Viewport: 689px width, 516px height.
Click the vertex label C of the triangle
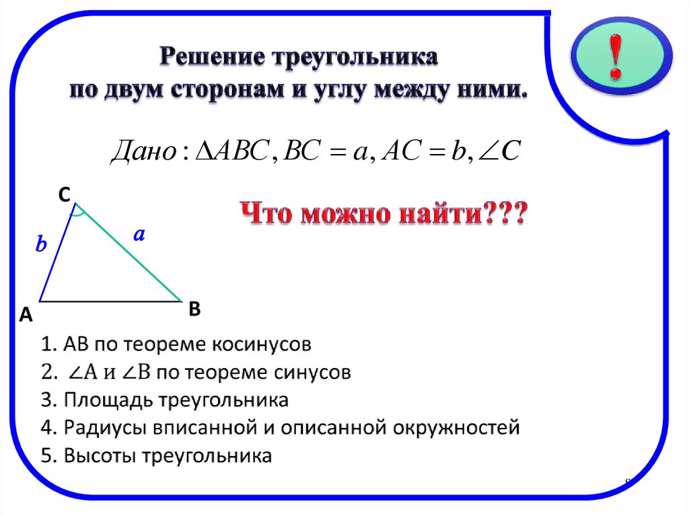pyautogui.click(x=64, y=195)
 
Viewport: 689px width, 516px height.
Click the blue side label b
pyautogui.click(x=42, y=245)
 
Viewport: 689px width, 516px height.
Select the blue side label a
pyautogui.click(x=139, y=235)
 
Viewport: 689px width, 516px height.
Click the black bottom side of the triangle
pyautogui.click(x=111, y=301)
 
